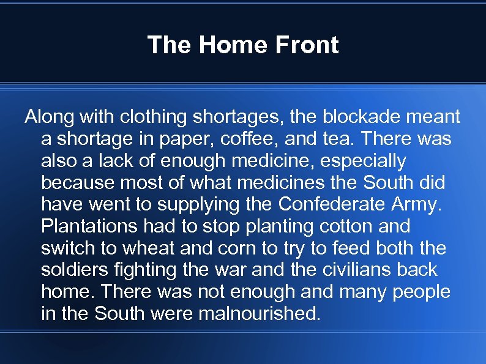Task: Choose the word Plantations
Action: [89, 226]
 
